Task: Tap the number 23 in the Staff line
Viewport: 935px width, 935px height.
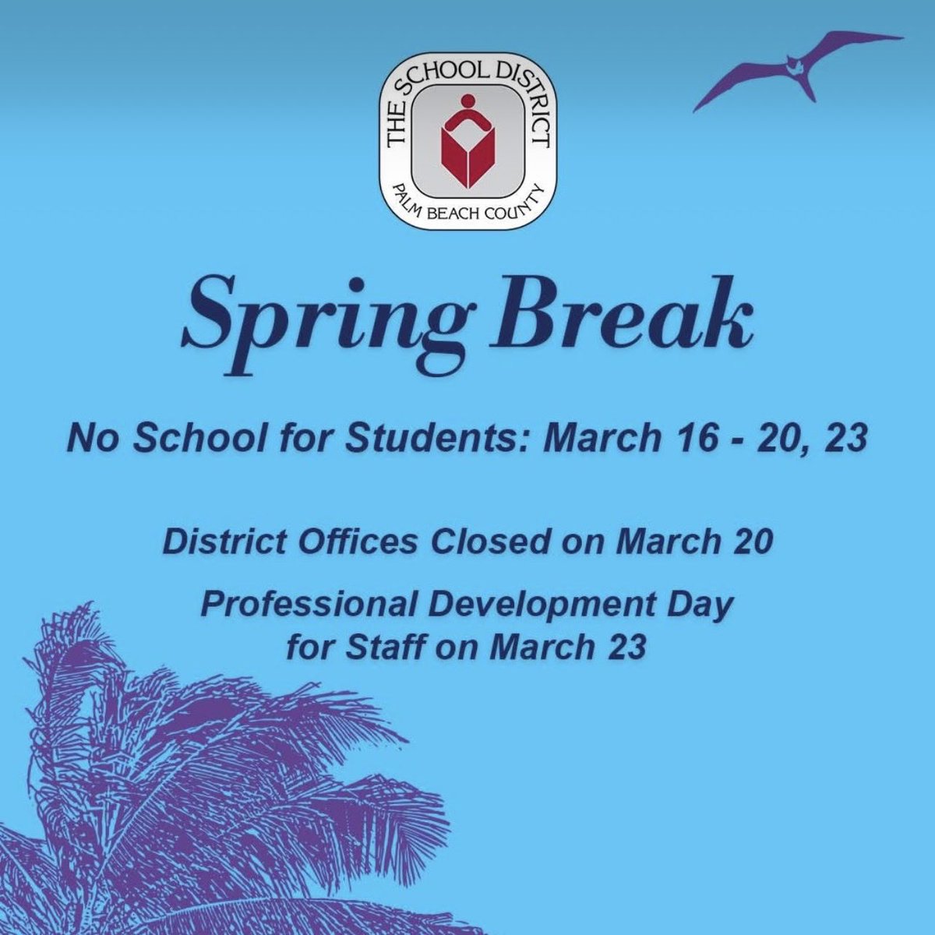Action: (626, 647)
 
